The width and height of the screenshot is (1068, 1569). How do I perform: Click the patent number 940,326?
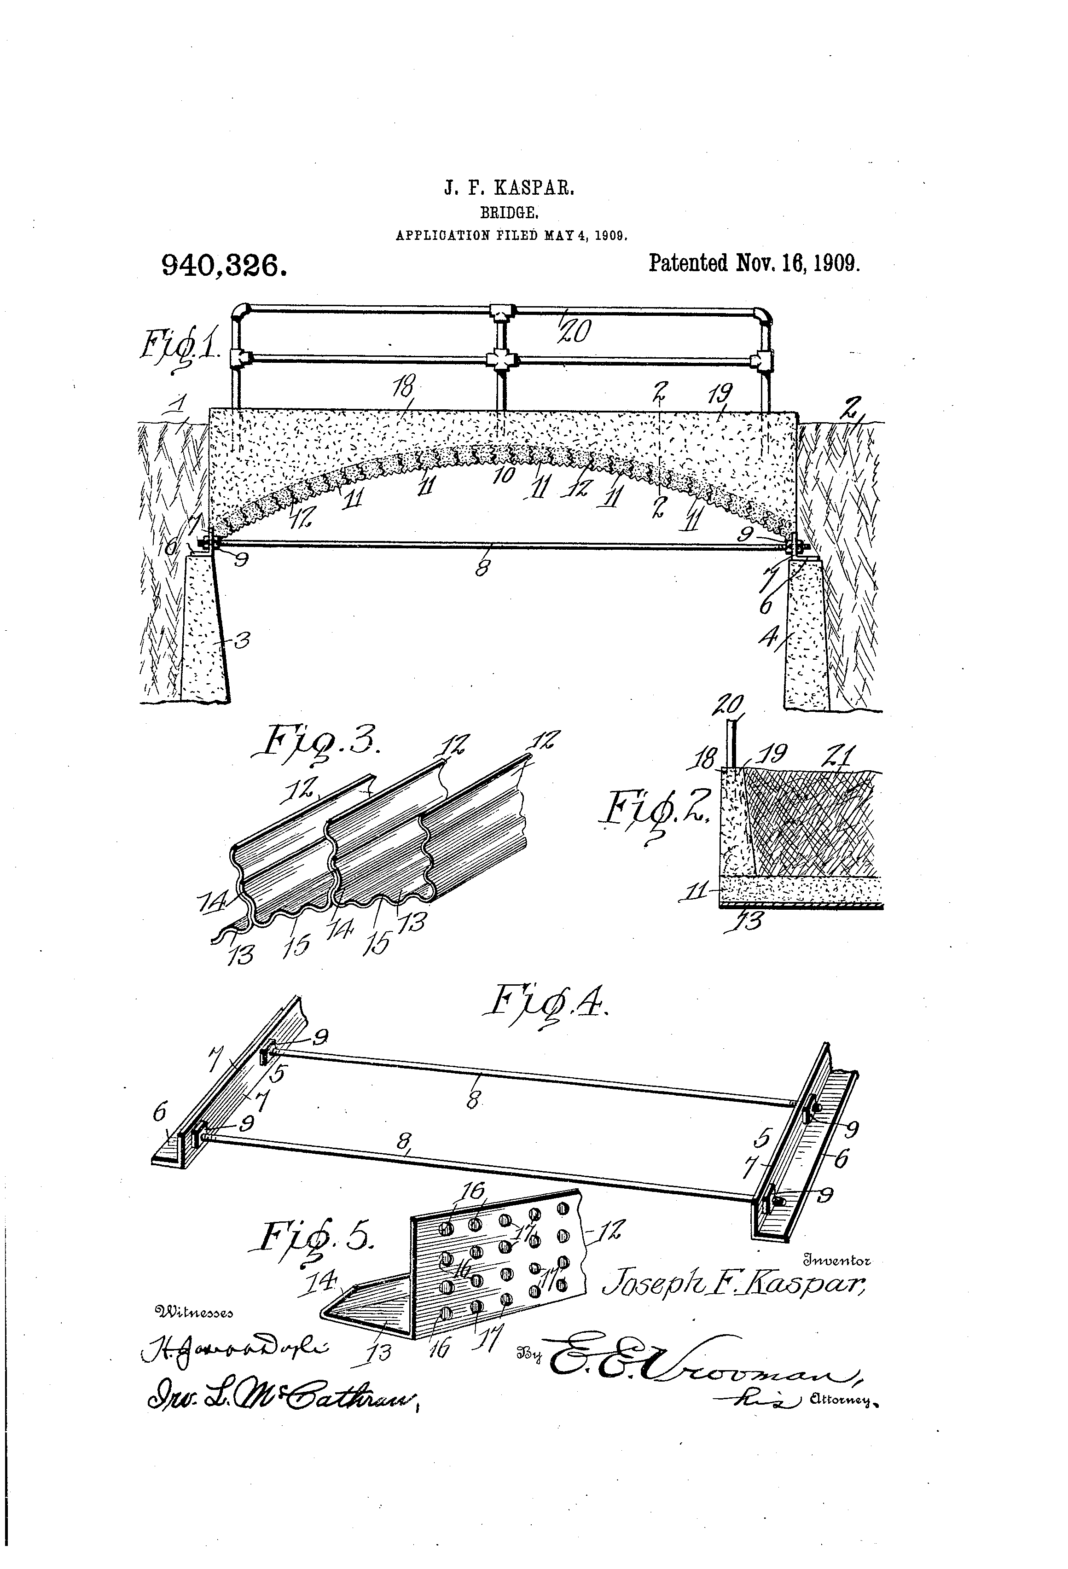pos(224,266)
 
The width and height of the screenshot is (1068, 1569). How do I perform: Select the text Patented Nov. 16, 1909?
pos(754,262)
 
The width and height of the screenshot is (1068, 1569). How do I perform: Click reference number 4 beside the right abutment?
pos(769,637)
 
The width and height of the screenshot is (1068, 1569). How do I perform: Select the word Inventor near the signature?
pos(837,1260)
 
